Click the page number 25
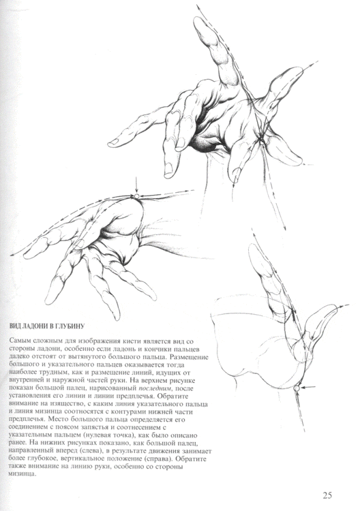[328, 495]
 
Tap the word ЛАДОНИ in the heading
[38, 325]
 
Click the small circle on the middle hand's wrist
[136, 196]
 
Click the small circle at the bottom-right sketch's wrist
[297, 388]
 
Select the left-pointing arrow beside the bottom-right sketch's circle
[310, 388]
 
